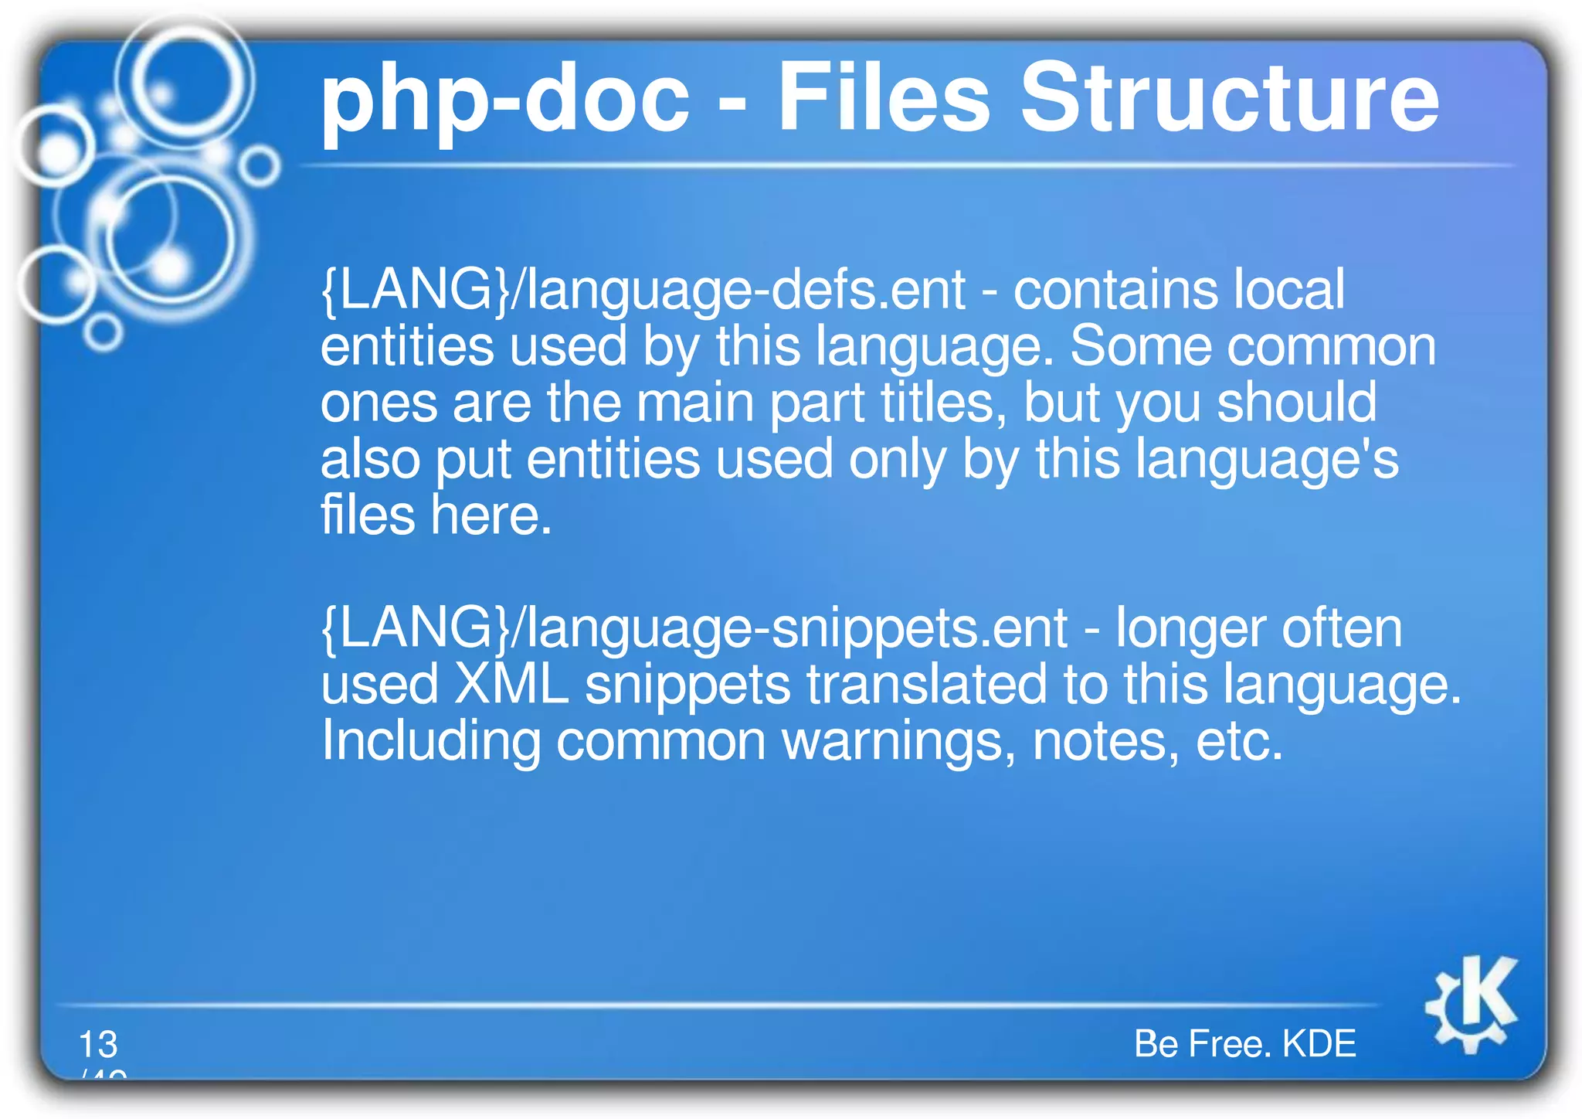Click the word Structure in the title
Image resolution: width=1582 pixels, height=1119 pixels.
point(1229,98)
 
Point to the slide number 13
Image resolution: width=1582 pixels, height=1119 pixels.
point(98,1044)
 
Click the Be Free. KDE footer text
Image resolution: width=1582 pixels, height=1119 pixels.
point(1244,1043)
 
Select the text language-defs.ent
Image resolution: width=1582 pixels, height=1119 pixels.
point(746,290)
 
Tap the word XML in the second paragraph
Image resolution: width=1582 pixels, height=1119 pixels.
point(511,685)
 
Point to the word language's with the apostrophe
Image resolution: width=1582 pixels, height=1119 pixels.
point(1267,460)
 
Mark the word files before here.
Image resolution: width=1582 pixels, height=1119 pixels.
point(368,515)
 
